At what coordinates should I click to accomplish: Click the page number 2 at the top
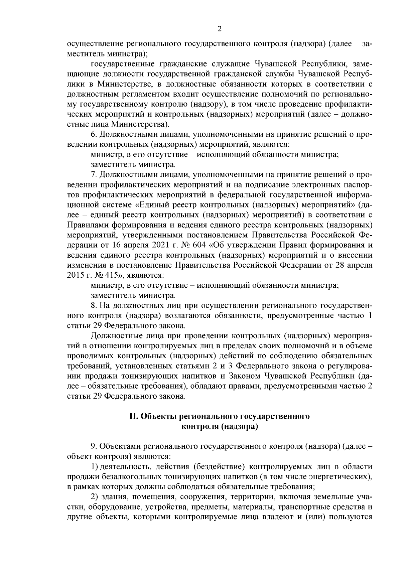click(220, 29)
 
